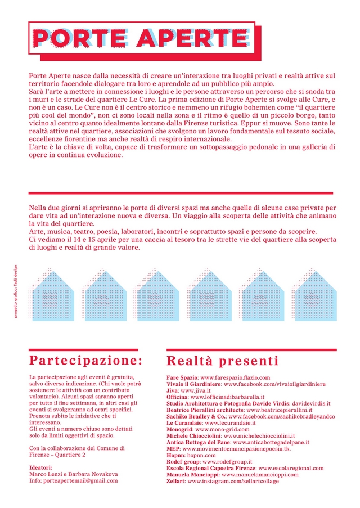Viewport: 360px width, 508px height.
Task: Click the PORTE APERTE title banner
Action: (141, 38)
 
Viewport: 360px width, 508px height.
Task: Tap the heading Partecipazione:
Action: (85, 360)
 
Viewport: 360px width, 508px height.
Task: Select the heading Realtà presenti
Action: (222, 361)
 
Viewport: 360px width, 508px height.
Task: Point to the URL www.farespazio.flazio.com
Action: (235, 377)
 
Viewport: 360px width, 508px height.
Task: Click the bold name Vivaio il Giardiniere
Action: (194, 384)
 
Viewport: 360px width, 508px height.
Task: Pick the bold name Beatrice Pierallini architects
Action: (205, 410)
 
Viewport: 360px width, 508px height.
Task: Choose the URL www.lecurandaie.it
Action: (229, 422)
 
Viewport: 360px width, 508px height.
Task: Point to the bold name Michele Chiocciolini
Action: (194, 436)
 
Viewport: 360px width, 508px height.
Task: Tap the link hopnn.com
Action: (201, 455)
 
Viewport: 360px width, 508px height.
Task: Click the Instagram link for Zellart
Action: (233, 482)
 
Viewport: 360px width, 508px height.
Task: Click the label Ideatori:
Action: (40, 467)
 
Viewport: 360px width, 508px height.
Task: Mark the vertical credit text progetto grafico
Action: (16, 292)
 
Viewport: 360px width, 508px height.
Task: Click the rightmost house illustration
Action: (314, 295)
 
